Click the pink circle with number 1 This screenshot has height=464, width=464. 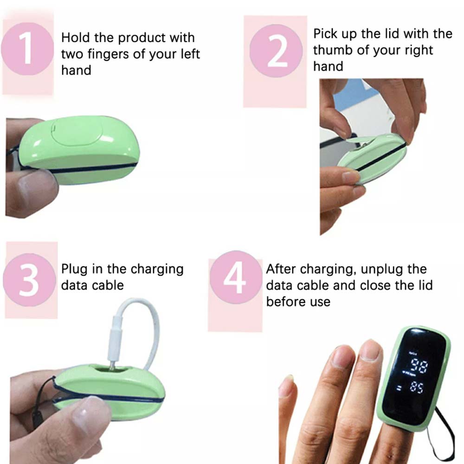pyautogui.click(x=27, y=49)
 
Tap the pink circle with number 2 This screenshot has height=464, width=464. pyautogui.click(x=276, y=51)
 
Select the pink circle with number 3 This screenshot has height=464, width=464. pyautogui.click(x=30, y=280)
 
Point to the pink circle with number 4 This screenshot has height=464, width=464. pyautogui.click(x=236, y=277)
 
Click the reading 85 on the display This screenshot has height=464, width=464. pyautogui.click(x=417, y=387)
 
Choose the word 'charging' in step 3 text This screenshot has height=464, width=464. pyautogui.click(x=157, y=270)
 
